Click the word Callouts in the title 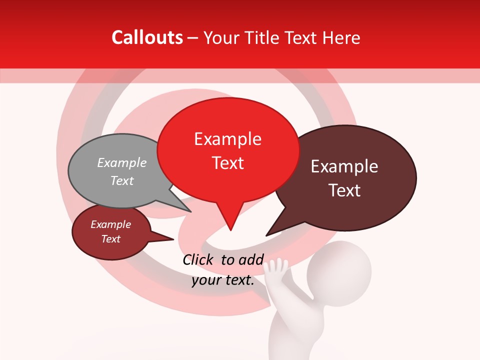pyautogui.click(x=147, y=38)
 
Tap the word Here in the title pyautogui.click(x=342, y=38)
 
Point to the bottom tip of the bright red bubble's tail pyautogui.click(x=230, y=230)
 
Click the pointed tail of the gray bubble pyautogui.click(x=190, y=211)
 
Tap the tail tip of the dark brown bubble pyautogui.click(x=266, y=235)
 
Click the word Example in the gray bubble pyautogui.click(x=122, y=163)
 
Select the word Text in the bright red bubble pyautogui.click(x=228, y=163)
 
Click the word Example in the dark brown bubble pyautogui.click(x=344, y=166)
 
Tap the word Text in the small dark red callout pyautogui.click(x=111, y=239)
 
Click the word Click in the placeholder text pyautogui.click(x=198, y=259)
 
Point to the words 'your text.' pyautogui.click(x=223, y=280)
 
